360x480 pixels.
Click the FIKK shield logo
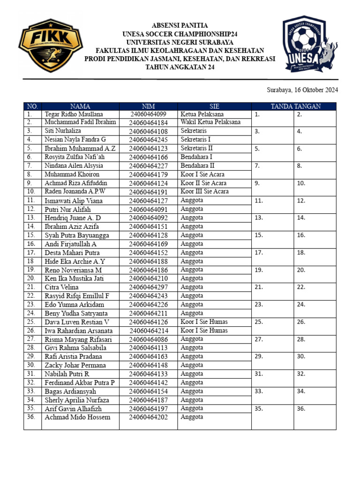51,45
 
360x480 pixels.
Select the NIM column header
148,106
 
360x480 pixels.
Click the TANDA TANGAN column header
293,106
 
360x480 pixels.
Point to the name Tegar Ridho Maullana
74,114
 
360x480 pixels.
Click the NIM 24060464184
148,123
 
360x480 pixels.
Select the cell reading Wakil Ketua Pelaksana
210,122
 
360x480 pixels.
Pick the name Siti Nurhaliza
63,131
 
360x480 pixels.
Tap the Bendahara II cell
198,165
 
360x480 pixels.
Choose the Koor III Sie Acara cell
205,191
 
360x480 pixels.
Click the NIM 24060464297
148,287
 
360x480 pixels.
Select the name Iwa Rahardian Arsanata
78,330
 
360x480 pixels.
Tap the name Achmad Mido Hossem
77,417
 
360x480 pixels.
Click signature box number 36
315,417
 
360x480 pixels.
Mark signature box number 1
272,118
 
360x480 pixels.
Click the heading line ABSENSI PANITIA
180,25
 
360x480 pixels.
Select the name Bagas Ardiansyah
70,391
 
